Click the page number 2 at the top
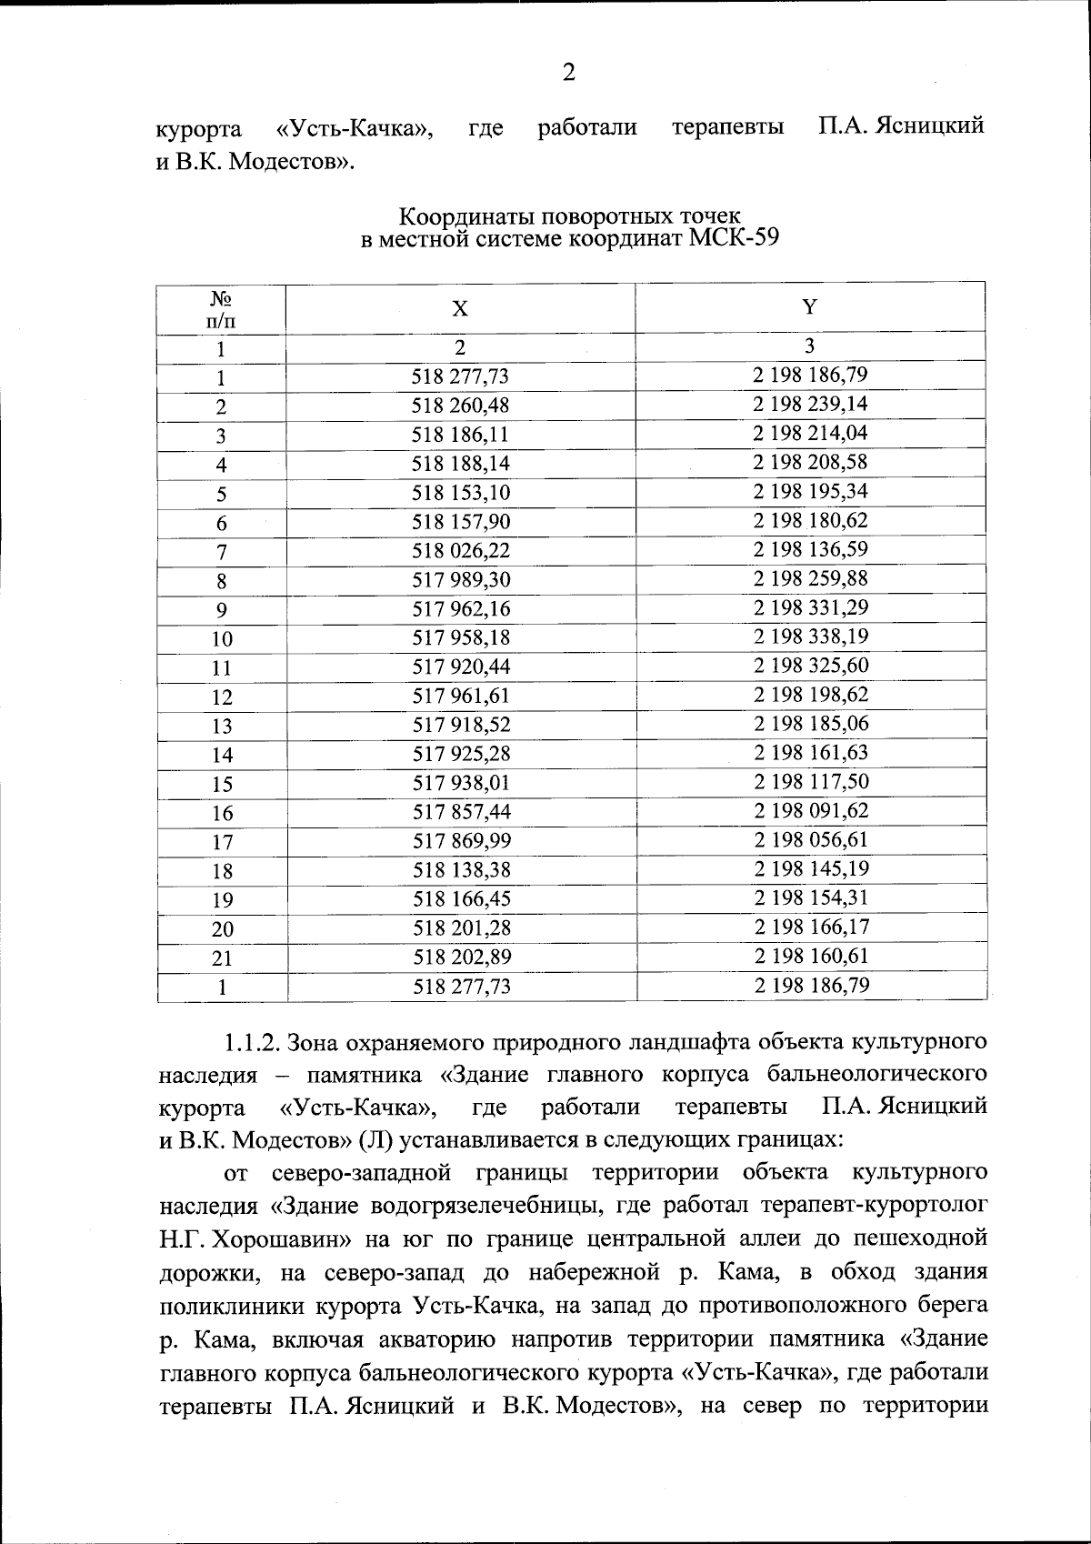tap(568, 72)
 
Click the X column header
tap(461, 309)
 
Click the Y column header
tap(809, 307)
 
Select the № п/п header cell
tap(222, 309)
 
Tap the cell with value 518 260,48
tap(461, 406)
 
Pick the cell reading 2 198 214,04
tap(810, 433)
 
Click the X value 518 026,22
tap(461, 551)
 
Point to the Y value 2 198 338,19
tap(810, 637)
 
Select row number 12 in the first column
tap(222, 697)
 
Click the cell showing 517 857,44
tap(461, 812)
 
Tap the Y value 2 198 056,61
tap(810, 839)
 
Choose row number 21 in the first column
tap(222, 958)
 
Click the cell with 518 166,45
tap(461, 899)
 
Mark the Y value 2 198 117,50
tap(810, 781)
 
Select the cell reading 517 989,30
tap(461, 580)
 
